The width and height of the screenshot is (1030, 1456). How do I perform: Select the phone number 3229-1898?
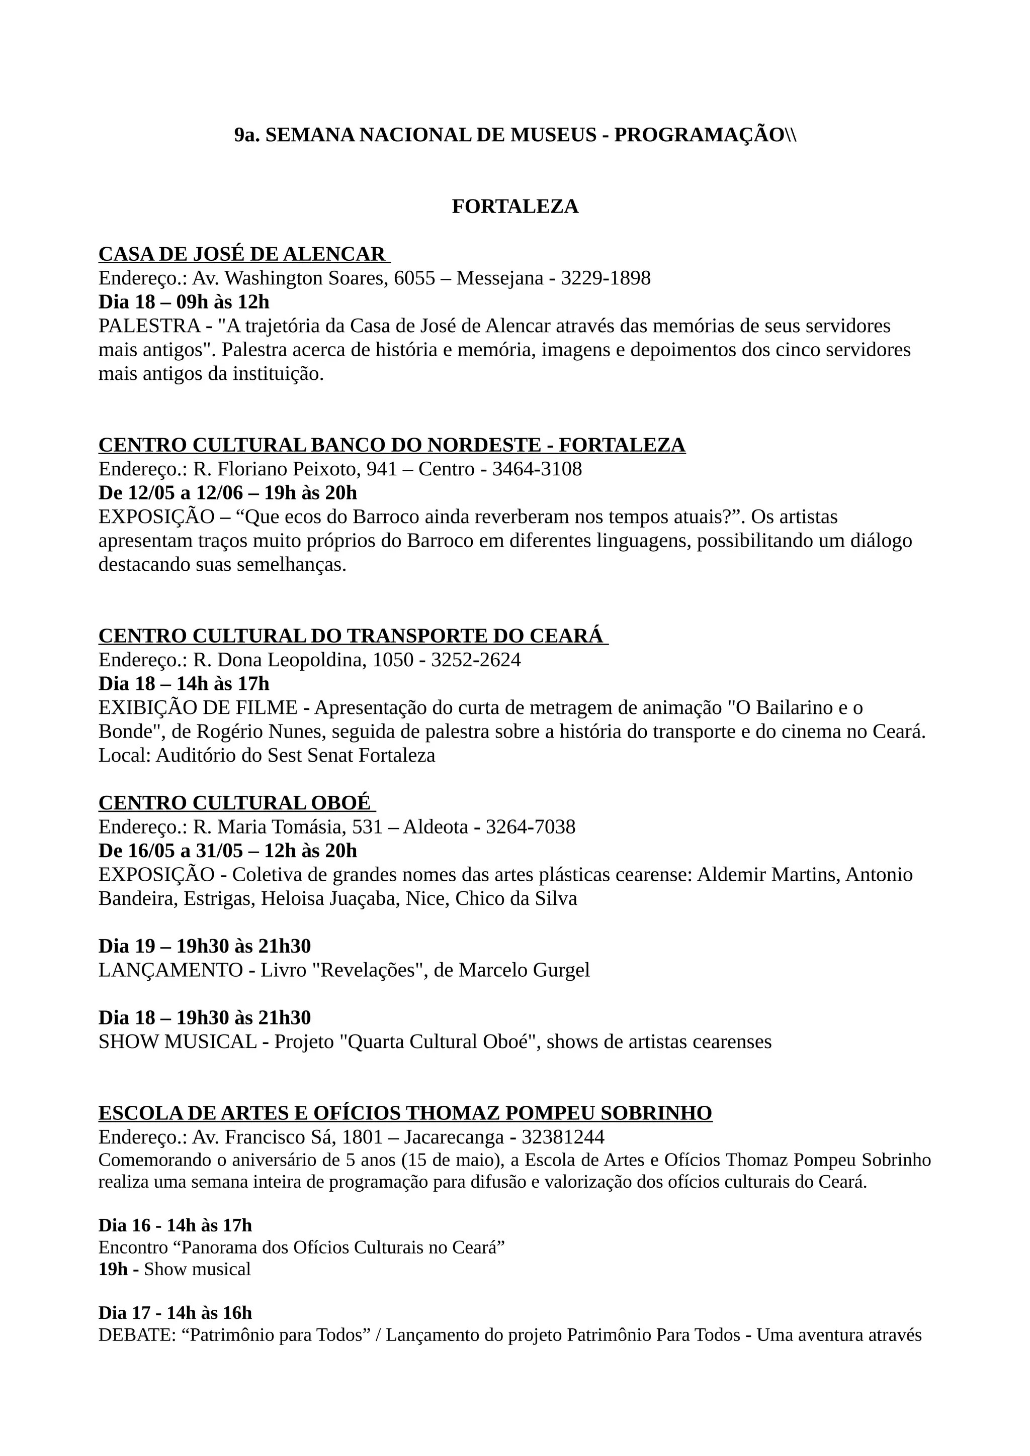(x=606, y=278)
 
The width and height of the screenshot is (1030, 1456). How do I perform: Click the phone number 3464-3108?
(x=537, y=469)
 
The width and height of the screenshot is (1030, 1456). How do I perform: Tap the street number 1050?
(x=392, y=660)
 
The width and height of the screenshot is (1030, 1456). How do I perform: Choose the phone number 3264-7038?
(x=531, y=827)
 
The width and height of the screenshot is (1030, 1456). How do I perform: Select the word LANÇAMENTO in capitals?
(x=170, y=970)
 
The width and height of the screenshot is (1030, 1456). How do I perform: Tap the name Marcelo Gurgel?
(x=524, y=970)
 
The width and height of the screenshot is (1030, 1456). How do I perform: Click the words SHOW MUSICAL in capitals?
(x=177, y=1042)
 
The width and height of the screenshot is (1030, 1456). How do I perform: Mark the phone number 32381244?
(x=563, y=1137)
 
